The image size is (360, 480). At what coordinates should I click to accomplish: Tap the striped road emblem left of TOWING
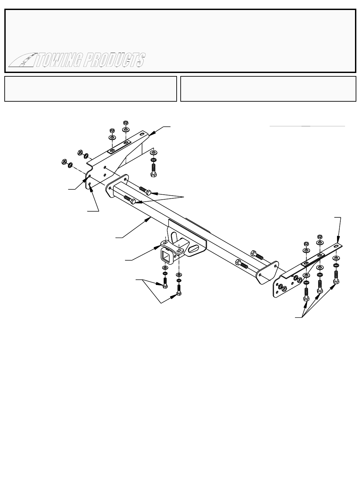(21, 61)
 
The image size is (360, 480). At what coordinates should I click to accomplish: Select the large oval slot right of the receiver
(194, 249)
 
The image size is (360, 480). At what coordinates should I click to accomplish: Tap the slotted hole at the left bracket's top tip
(142, 134)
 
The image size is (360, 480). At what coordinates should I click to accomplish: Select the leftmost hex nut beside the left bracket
(63, 162)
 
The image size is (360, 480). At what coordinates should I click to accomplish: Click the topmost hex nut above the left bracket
(126, 122)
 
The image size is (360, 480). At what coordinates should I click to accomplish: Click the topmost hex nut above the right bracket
(319, 236)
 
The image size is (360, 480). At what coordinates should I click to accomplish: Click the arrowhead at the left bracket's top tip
(150, 134)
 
